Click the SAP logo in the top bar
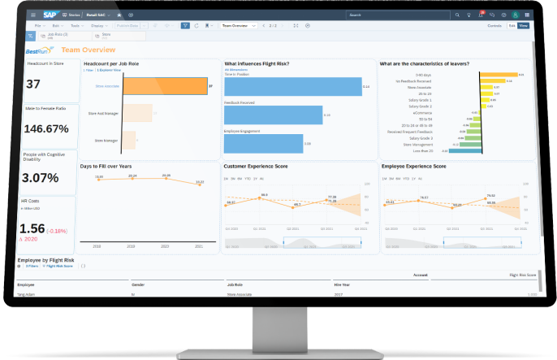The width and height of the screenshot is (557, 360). click(50, 15)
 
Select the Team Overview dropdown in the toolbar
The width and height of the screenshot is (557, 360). click(240, 26)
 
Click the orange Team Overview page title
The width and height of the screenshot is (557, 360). click(88, 50)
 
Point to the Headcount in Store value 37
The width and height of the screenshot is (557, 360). click(34, 85)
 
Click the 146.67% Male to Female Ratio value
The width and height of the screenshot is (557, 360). click(45, 128)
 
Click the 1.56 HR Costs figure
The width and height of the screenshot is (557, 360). click(33, 230)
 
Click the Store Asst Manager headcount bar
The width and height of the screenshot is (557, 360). click(137, 114)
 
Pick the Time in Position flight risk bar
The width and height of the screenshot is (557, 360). click(291, 86)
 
